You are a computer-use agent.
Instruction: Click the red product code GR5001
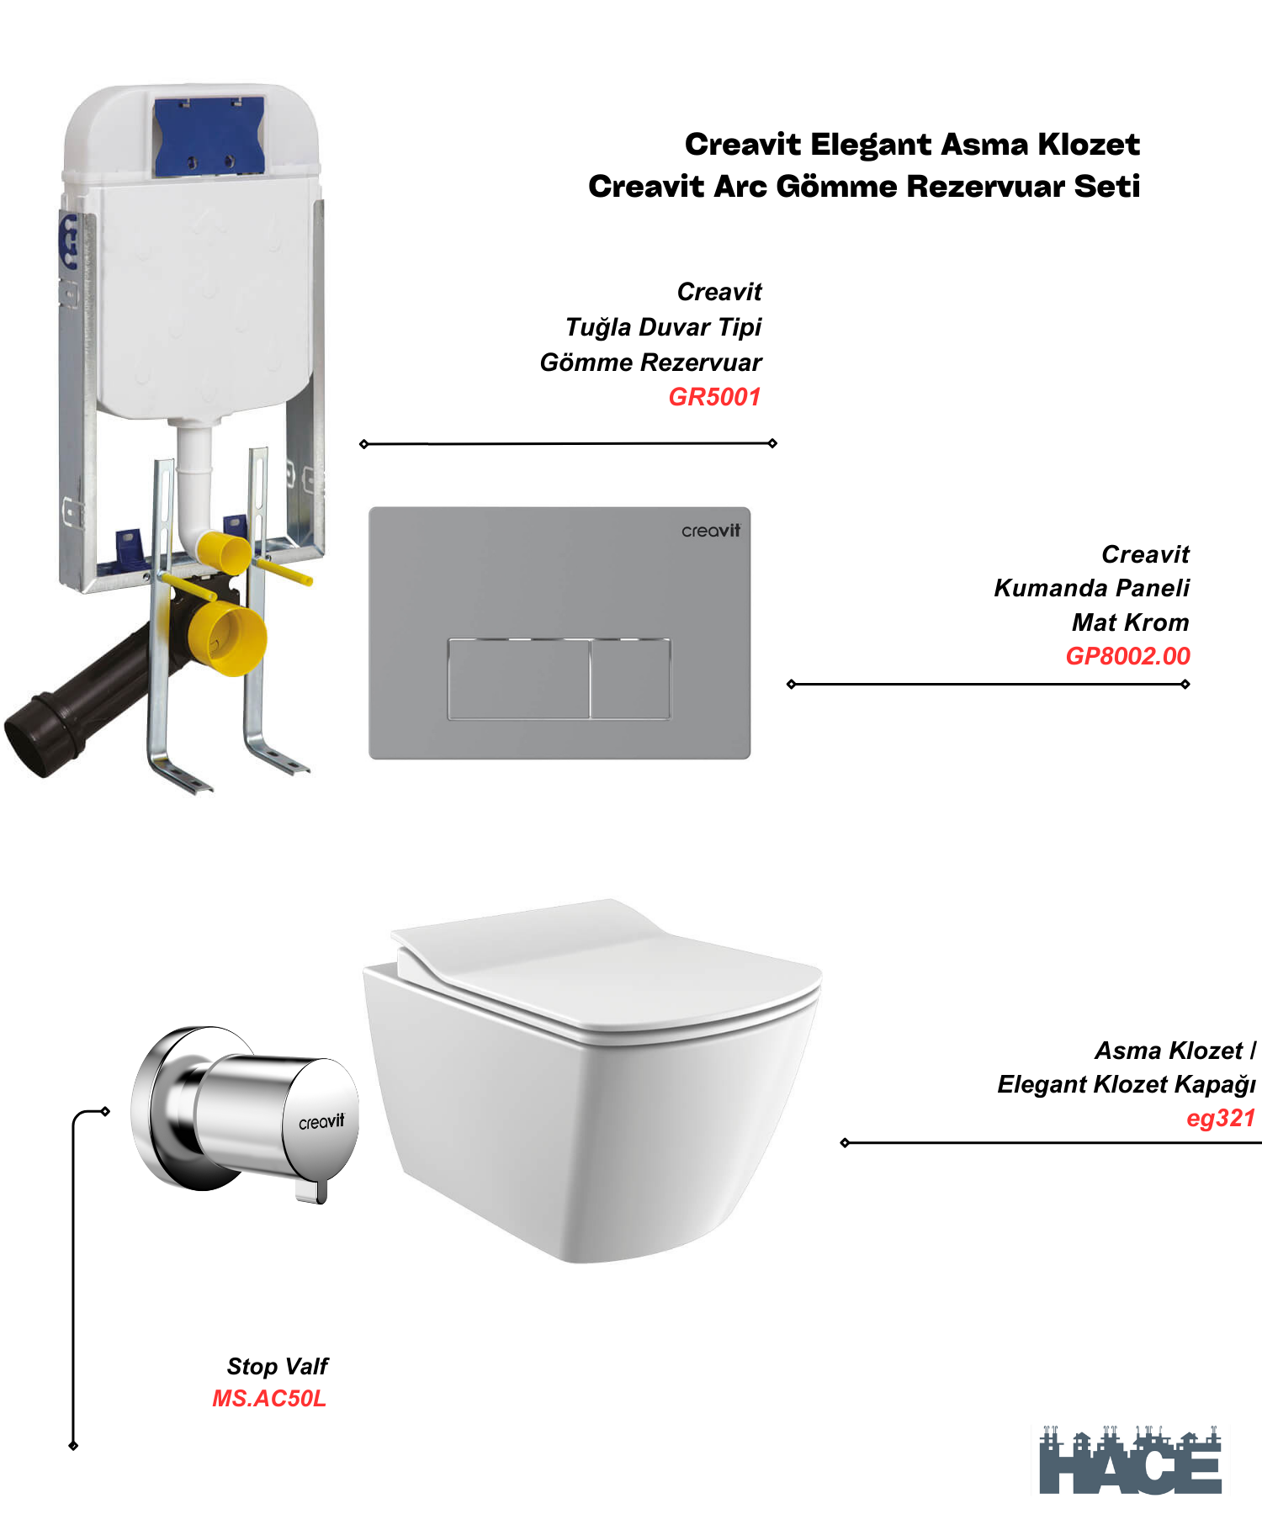click(714, 397)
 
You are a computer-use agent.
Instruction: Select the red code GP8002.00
click(1127, 656)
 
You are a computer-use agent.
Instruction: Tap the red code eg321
click(1220, 1118)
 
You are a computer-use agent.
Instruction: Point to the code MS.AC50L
click(269, 1398)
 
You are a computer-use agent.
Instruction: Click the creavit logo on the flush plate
click(711, 531)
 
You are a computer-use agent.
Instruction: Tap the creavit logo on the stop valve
click(321, 1122)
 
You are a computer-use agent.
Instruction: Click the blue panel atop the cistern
click(209, 135)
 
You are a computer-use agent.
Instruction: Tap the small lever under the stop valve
click(311, 1190)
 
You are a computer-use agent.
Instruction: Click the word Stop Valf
click(277, 1366)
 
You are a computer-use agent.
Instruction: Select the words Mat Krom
click(1130, 622)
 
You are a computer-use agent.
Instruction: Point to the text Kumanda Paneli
click(1091, 588)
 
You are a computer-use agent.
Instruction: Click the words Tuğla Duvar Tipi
click(663, 327)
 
